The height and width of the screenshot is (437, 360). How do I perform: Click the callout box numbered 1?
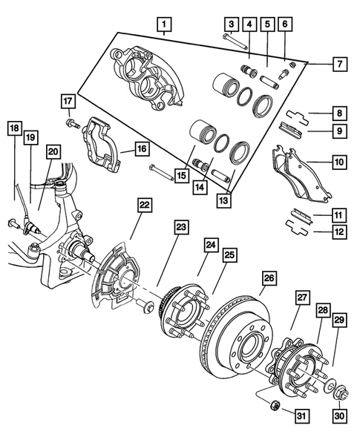(161, 27)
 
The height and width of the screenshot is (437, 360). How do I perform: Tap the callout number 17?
(67, 101)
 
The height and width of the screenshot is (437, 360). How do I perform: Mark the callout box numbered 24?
(211, 245)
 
